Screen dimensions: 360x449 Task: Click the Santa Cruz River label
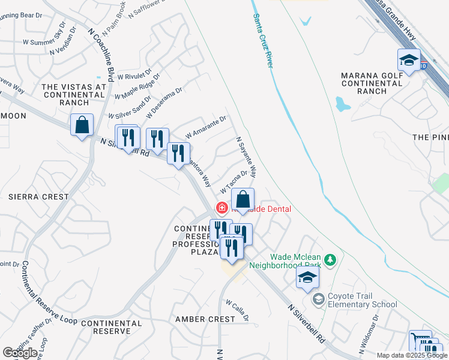[x=262, y=41]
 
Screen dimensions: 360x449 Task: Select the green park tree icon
[x=329, y=260]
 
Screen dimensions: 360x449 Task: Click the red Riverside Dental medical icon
[x=222, y=208]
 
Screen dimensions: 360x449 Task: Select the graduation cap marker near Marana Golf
[x=409, y=60]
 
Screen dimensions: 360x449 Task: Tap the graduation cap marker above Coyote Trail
[x=307, y=278]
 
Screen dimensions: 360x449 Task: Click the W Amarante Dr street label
[x=205, y=127]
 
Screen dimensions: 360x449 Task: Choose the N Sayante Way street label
[x=246, y=157]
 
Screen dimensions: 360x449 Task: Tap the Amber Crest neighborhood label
[x=205, y=319]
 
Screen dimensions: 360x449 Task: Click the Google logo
[x=20, y=353]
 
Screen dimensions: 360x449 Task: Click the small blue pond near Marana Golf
[x=343, y=106]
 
